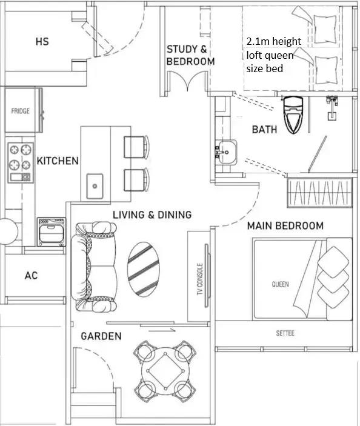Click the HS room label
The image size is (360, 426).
pos(42,42)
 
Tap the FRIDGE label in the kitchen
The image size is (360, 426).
pos(21,111)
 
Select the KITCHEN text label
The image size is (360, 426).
pos(58,161)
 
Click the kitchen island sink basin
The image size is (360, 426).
pos(95,186)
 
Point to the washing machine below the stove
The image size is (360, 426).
pos(52,231)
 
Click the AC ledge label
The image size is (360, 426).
pos(32,276)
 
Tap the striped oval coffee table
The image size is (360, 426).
pos(144,269)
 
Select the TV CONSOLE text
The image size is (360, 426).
pos(200,279)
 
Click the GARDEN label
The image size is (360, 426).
pos(101,336)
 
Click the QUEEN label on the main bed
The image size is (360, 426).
pos(281,284)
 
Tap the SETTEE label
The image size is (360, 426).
pos(285,333)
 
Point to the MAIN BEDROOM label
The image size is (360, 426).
pos(285,226)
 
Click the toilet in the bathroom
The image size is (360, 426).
pos(293,115)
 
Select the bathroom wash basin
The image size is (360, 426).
pos(227,152)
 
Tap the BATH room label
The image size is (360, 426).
pos(264,129)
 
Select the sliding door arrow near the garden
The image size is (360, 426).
pos(162,330)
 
